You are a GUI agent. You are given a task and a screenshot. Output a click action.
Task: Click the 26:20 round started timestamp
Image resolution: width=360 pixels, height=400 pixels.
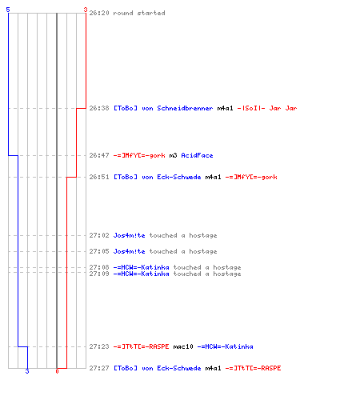tap(99, 13)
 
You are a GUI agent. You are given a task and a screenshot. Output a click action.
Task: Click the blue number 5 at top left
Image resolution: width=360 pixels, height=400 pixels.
tap(8, 10)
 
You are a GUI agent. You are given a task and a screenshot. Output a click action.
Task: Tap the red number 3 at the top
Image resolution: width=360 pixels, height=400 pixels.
tap(86, 10)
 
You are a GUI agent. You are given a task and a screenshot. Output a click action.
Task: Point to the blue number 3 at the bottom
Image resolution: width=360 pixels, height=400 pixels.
tap(27, 371)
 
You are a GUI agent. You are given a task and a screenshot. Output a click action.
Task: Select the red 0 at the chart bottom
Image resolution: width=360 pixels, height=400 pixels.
tap(57, 371)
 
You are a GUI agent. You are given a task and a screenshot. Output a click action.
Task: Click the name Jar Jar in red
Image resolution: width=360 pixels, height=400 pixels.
tap(283, 108)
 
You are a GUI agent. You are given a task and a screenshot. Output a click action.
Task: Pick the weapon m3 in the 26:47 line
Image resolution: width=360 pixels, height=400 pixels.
tap(173, 155)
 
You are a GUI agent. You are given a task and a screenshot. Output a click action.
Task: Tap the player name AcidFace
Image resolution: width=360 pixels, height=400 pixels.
tap(197, 155)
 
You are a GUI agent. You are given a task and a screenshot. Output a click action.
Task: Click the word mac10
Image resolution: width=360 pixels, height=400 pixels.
tap(183, 346)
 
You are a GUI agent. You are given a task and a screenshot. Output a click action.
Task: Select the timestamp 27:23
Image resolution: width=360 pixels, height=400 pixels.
tap(99, 346)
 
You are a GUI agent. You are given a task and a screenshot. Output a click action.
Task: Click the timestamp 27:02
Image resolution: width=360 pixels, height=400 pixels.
tap(99, 235)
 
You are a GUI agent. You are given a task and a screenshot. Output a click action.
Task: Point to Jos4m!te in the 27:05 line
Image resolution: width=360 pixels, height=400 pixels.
tap(129, 251)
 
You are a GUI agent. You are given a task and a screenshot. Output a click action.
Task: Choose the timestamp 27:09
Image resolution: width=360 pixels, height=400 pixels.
tap(99, 274)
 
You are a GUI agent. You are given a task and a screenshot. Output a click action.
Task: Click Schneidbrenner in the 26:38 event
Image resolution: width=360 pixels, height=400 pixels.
tap(185, 108)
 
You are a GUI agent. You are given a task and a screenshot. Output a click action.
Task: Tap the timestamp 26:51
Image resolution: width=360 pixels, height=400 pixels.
tap(99, 177)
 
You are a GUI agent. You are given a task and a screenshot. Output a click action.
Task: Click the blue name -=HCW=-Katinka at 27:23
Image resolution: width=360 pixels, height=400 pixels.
tap(225, 346)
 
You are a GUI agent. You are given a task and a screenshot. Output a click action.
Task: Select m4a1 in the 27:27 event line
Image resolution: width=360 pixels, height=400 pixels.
tap(213, 368)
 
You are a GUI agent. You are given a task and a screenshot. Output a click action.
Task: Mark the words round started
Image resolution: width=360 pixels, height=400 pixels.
tap(139, 13)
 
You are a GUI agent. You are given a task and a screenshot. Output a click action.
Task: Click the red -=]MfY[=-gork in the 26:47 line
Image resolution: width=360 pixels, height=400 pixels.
tap(139, 155)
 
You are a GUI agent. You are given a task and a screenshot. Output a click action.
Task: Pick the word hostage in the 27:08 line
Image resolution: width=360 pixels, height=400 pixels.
tap(227, 267)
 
